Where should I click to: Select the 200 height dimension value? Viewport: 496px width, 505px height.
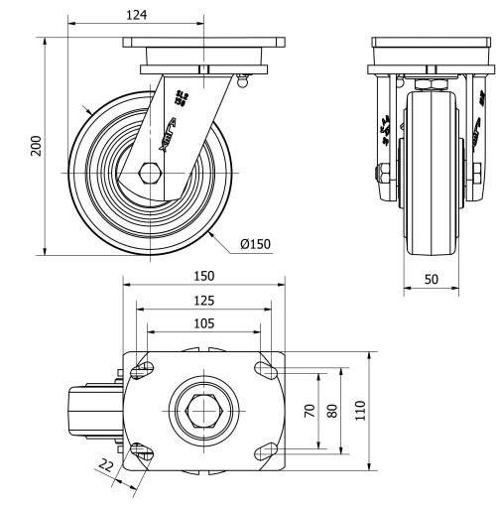coord(36,147)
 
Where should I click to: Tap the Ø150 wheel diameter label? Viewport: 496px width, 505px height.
coord(255,241)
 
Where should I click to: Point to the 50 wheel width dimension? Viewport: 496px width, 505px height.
coord(432,280)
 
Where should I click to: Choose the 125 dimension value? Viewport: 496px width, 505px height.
coord(203,299)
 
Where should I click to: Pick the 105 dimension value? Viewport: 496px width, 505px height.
coord(203,322)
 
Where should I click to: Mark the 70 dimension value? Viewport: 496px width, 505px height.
coord(310,410)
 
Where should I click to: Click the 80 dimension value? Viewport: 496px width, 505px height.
coord(333,410)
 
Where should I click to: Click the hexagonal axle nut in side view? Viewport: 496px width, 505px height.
coord(150,174)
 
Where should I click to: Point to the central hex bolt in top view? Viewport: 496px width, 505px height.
coord(203,410)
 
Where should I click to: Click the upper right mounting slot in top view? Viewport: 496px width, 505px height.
coord(266,370)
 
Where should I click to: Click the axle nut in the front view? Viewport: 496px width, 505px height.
coord(380,176)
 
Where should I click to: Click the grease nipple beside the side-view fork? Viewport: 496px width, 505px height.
coord(241,85)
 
